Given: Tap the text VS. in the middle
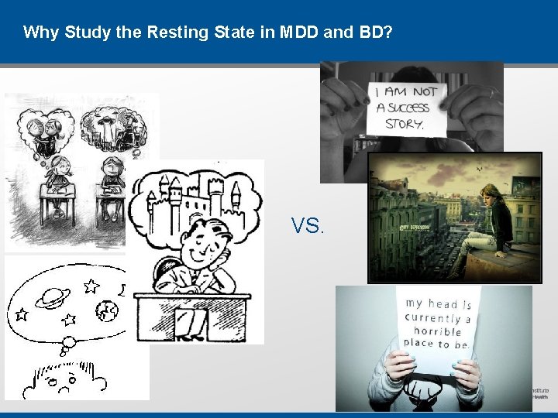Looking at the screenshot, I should pyautogui.click(x=308, y=226).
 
